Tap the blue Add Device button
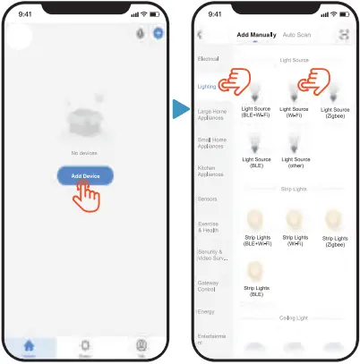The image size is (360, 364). (85, 176)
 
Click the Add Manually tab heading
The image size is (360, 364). (255, 35)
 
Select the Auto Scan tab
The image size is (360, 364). (296, 35)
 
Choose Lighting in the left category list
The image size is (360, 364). (208, 86)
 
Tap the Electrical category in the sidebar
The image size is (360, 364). (208, 58)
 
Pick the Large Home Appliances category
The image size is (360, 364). (211, 114)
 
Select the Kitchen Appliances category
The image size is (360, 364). (211, 170)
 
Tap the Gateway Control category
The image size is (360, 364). (209, 286)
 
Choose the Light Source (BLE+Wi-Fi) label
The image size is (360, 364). (256, 111)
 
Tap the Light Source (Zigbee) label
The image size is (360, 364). (334, 111)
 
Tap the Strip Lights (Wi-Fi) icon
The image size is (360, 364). (296, 219)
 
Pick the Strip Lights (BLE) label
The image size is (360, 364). (256, 291)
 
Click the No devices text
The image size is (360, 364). (85, 153)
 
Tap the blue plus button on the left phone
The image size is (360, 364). (158, 33)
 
